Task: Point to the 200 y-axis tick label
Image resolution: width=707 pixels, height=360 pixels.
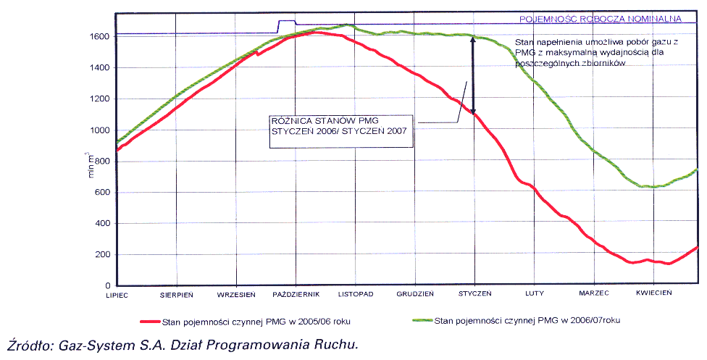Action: pyautogui.click(x=102, y=254)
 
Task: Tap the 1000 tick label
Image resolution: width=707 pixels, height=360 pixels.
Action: pyautogui.click(x=99, y=130)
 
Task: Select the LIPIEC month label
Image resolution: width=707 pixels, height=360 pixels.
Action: pyautogui.click(x=117, y=293)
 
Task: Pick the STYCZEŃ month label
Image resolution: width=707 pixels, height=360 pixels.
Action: pyautogui.click(x=474, y=293)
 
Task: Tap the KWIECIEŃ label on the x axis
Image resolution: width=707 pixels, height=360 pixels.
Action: pyautogui.click(x=654, y=293)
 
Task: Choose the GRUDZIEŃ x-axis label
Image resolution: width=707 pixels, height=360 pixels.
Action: pyautogui.click(x=415, y=293)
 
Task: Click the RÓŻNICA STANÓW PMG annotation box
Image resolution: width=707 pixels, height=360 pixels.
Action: pyautogui.click(x=340, y=130)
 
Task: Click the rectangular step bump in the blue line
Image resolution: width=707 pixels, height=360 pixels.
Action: pyautogui.click(x=287, y=22)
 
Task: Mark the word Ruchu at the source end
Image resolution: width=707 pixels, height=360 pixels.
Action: pyautogui.click(x=337, y=346)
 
